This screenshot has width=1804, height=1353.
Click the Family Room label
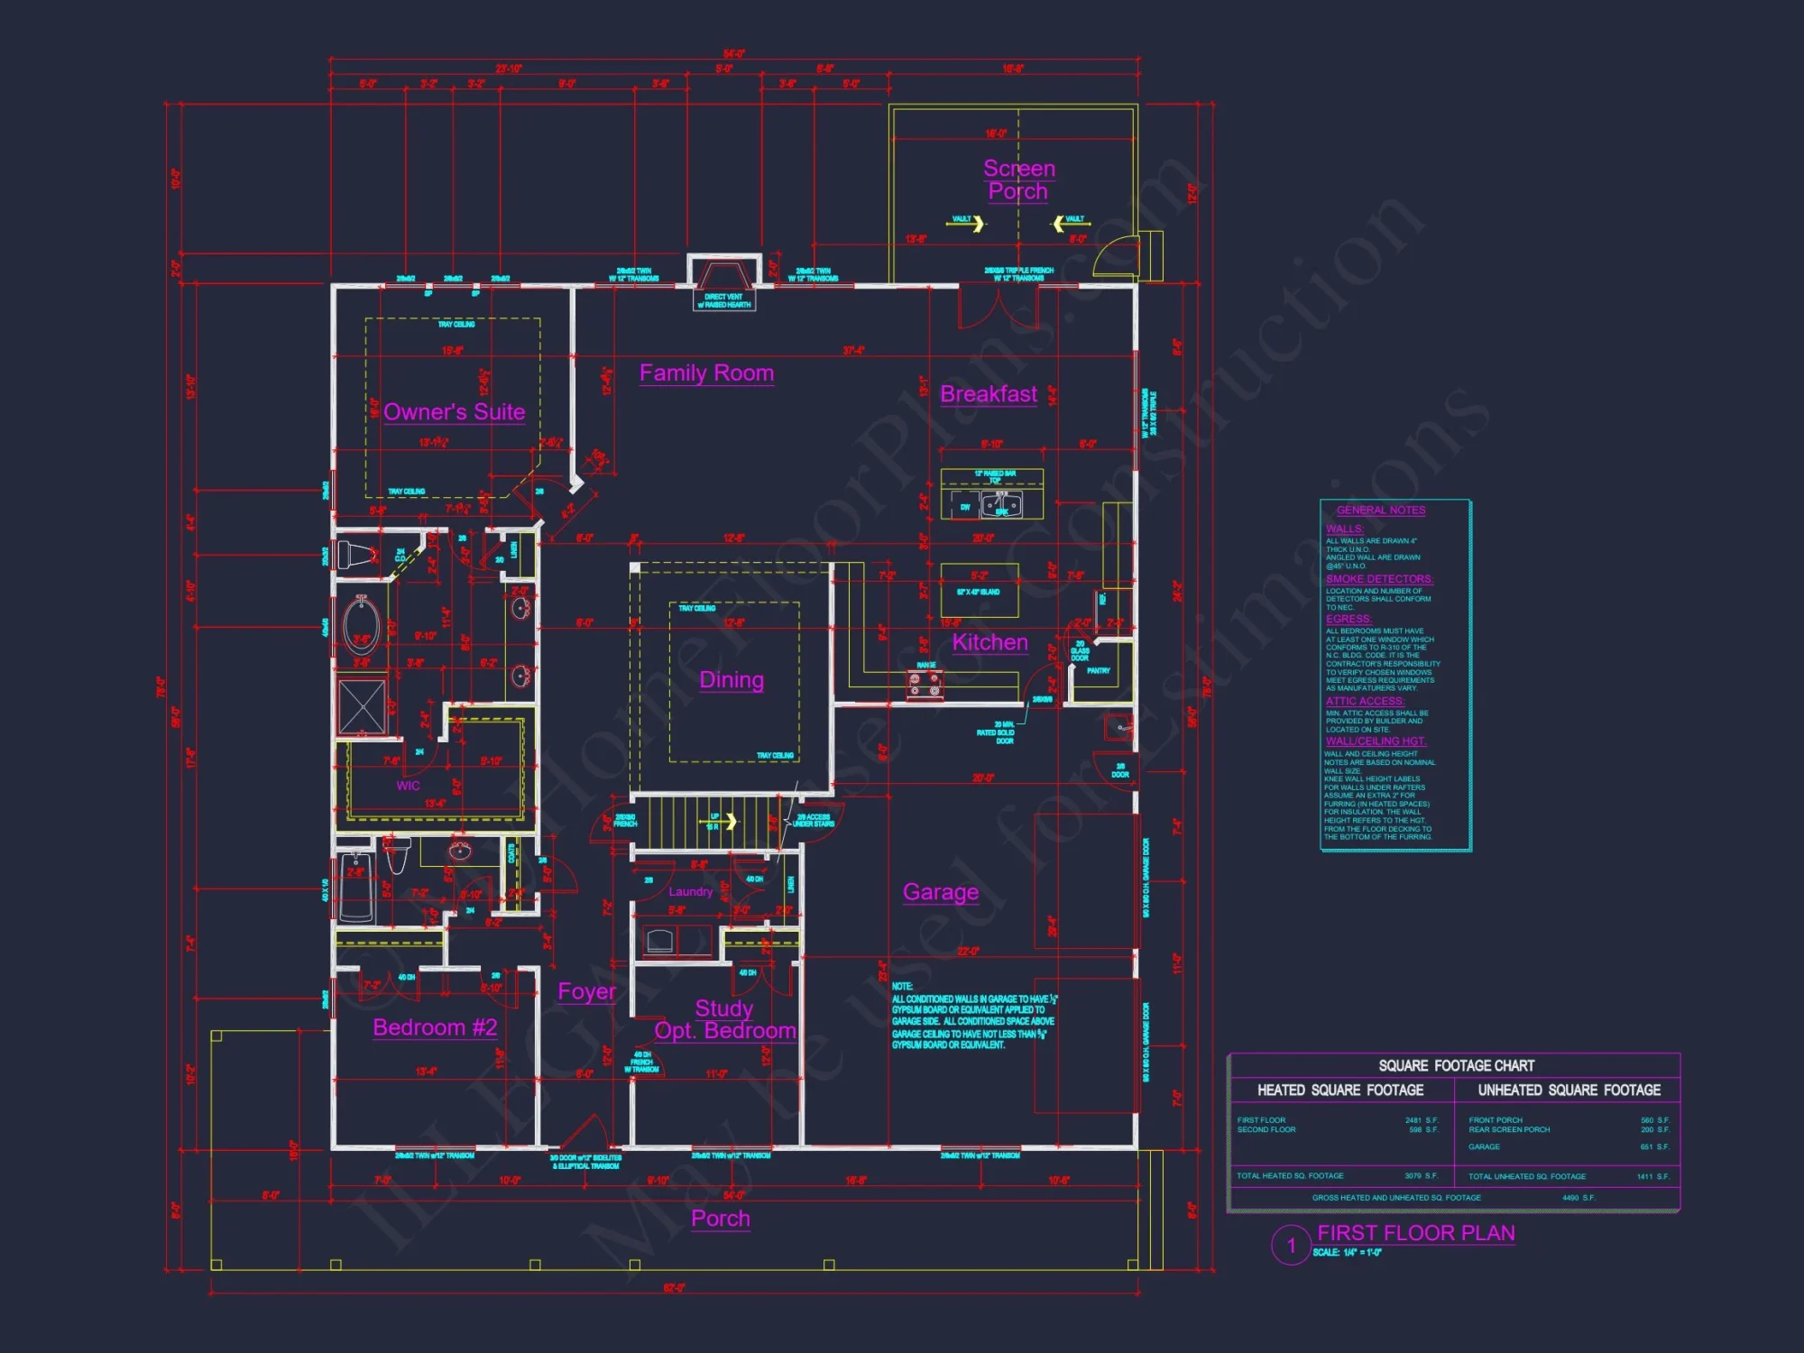pyautogui.click(x=706, y=373)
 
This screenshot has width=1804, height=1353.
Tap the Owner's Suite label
pyautogui.click(x=454, y=412)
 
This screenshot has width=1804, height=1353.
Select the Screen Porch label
pyautogui.click(x=1018, y=179)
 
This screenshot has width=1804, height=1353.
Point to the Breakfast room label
pyautogui.click(x=989, y=394)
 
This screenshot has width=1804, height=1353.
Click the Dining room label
pyautogui.click(x=732, y=680)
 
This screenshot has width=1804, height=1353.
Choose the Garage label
pyautogui.click(x=941, y=892)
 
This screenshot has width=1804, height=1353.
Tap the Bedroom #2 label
pyautogui.click(x=435, y=1027)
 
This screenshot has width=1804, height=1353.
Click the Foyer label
pyautogui.click(x=586, y=991)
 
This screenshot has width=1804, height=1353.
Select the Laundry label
pyautogui.click(x=690, y=892)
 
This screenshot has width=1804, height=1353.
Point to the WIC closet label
pyautogui.click(x=408, y=786)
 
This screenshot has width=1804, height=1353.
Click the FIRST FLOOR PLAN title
pyautogui.click(x=1415, y=1233)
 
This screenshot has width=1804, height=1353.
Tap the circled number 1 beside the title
pyautogui.click(x=1291, y=1246)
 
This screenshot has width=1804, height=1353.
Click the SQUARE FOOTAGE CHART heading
pyautogui.click(x=1456, y=1065)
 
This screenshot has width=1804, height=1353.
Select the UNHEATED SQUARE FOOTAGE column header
pyautogui.click(x=1569, y=1090)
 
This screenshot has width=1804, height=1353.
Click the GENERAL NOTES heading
pyautogui.click(x=1381, y=511)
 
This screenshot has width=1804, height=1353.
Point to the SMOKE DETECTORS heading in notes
pyautogui.click(x=1379, y=579)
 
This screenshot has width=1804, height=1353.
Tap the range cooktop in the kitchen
pyautogui.click(x=925, y=686)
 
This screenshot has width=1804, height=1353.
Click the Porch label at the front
pyautogui.click(x=720, y=1219)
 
